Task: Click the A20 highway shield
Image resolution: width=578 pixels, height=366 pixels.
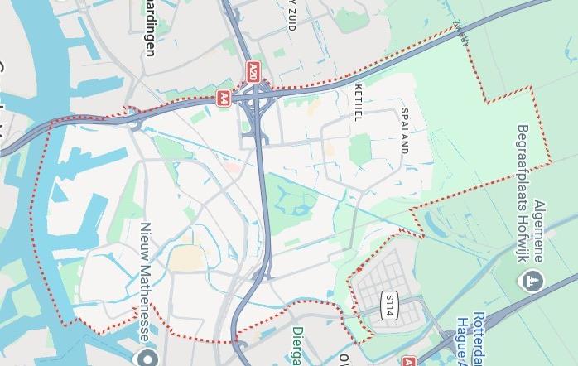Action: pyautogui.click(x=253, y=70)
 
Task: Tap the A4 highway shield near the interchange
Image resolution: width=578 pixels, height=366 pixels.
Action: pyautogui.click(x=224, y=99)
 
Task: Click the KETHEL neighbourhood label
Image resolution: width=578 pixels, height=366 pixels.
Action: pyautogui.click(x=358, y=102)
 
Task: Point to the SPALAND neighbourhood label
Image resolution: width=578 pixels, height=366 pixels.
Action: pyautogui.click(x=405, y=131)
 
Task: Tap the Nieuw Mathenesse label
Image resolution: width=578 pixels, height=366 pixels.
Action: pyautogui.click(x=144, y=282)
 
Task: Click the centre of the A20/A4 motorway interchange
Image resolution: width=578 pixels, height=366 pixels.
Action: pyautogui.click(x=256, y=99)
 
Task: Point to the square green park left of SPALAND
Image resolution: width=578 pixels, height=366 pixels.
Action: pyautogui.click(x=359, y=150)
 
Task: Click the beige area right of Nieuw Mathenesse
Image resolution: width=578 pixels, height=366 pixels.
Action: pyautogui.click(x=185, y=259)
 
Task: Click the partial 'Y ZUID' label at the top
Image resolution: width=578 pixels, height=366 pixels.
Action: pyautogui.click(x=291, y=14)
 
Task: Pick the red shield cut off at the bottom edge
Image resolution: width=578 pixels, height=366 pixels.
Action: pyautogui.click(x=407, y=361)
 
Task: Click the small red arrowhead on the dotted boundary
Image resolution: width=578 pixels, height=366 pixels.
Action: pyautogui.click(x=359, y=269)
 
